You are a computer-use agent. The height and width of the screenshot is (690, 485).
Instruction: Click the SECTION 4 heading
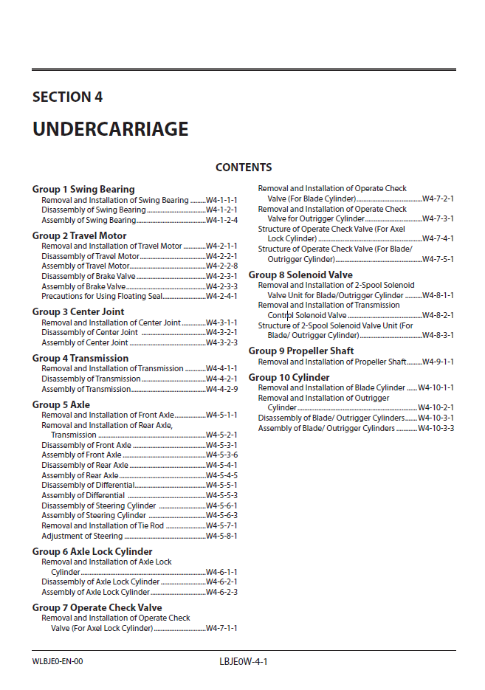pos(67,97)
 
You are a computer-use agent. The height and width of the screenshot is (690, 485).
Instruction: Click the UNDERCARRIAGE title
pos(110,129)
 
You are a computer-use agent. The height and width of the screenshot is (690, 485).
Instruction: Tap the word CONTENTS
pos(244,168)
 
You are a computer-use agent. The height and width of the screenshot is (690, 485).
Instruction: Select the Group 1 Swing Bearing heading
pos(83,190)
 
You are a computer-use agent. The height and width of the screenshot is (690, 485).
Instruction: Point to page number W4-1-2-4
pos(221,221)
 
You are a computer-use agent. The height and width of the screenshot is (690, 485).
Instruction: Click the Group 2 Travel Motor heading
pos(79,236)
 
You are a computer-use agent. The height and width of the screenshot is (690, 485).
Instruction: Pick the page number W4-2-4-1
pos(221,297)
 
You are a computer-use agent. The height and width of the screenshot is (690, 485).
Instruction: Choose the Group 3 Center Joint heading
pos(78,312)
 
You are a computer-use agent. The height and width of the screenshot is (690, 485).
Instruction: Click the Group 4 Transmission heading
pos(80,359)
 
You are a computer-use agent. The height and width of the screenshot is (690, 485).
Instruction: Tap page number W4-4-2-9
pos(221,390)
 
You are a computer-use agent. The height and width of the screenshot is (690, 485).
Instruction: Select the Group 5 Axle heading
pos(61,405)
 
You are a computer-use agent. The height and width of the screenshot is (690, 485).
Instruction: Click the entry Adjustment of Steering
pos(82,537)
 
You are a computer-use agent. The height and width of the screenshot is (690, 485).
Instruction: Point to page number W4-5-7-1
pos(221,526)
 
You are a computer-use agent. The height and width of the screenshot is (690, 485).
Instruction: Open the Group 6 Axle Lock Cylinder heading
pos(92,552)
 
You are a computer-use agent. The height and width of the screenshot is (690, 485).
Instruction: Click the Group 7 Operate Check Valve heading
pos(97,608)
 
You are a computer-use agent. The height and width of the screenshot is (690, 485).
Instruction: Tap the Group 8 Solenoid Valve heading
pos(300,275)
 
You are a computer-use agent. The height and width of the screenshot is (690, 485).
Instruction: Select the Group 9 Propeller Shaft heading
pos(301,351)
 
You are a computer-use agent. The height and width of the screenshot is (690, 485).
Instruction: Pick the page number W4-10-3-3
pos(436,429)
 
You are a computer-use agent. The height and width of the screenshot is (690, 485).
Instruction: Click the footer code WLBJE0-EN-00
pos(58,661)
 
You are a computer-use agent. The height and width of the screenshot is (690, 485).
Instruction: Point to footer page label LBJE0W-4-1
pos(238,661)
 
